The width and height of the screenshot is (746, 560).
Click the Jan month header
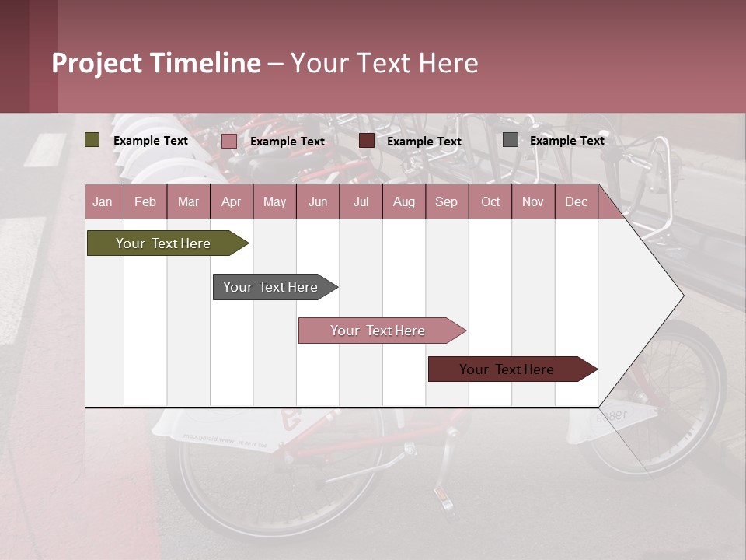coord(103,201)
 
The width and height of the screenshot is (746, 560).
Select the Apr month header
coord(231,201)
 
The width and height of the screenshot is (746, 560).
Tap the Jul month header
coord(361,201)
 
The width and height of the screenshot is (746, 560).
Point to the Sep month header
coord(446,201)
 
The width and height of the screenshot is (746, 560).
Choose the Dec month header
coord(576,201)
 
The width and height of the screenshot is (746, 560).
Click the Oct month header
coord(490,201)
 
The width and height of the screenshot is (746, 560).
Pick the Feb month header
coord(145,201)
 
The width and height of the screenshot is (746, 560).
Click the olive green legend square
coord(92,140)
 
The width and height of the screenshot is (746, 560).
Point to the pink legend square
coord(228,141)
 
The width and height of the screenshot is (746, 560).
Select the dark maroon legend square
coord(367,141)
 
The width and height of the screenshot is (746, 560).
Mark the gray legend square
coord(511,140)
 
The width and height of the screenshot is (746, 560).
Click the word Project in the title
coord(96,63)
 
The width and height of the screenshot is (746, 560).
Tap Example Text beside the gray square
coord(566,140)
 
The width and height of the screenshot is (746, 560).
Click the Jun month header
coord(318,201)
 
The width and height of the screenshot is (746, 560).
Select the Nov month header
coord(533,201)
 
